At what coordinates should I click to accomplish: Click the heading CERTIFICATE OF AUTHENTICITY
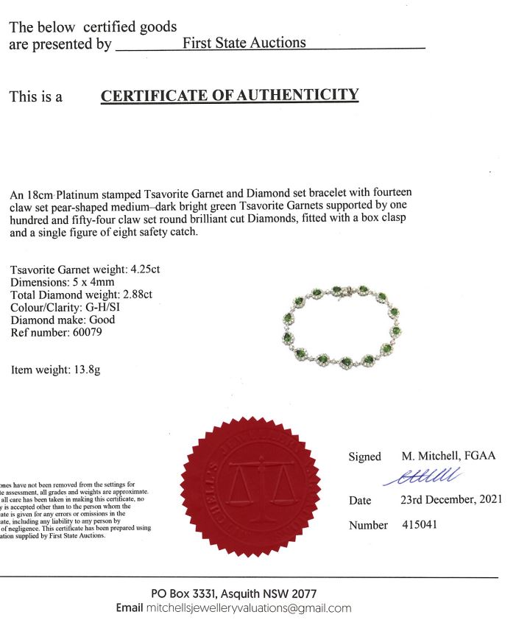pyautogui.click(x=230, y=96)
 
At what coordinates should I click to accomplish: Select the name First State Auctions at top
pyautogui.click(x=244, y=43)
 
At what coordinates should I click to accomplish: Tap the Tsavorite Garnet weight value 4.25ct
pyautogui.click(x=144, y=269)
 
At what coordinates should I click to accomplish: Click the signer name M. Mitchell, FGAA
pyautogui.click(x=448, y=456)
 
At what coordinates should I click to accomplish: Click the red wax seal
pyautogui.click(x=250, y=487)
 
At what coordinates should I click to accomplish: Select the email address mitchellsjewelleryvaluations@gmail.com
pyautogui.click(x=249, y=608)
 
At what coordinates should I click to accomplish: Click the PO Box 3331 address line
pyautogui.click(x=233, y=593)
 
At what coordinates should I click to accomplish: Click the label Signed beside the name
pyautogui.click(x=365, y=457)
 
